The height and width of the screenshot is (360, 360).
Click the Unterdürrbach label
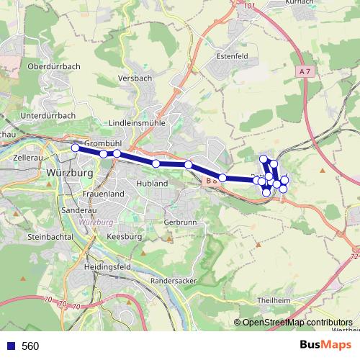tap(48, 114)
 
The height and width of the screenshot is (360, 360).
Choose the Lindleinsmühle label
tap(137, 123)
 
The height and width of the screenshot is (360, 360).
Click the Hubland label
tap(152, 184)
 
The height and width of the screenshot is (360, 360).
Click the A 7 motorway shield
tap(305, 72)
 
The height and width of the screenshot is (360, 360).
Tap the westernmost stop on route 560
tap(75, 148)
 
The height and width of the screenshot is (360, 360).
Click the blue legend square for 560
tap(10, 346)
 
